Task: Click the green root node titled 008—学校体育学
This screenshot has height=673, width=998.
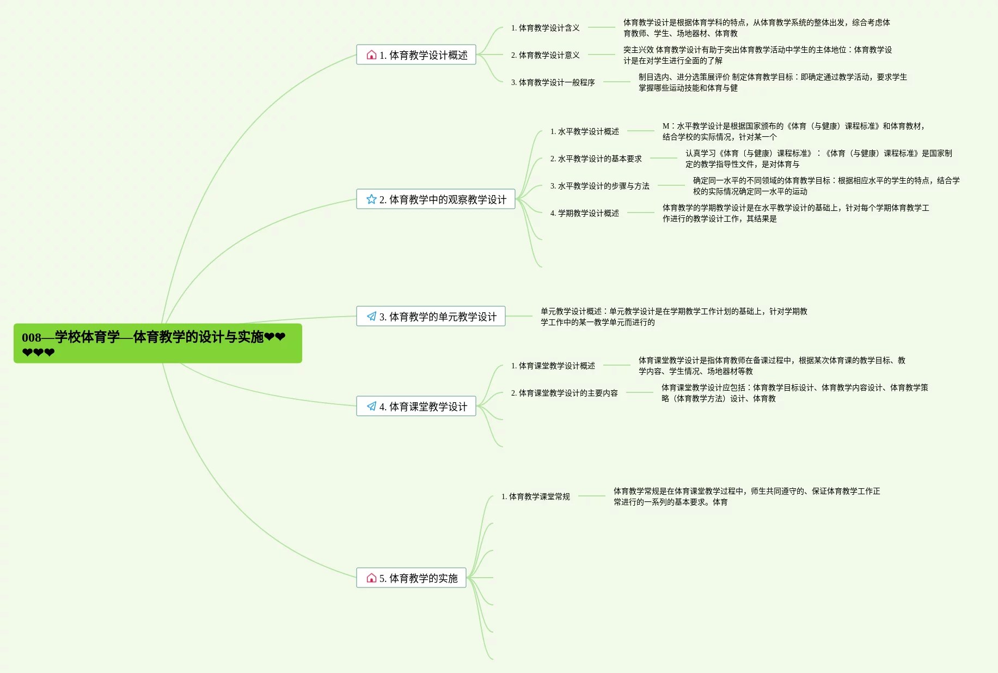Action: pyautogui.click(x=157, y=343)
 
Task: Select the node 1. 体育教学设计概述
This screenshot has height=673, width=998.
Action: pyautogui.click(x=416, y=55)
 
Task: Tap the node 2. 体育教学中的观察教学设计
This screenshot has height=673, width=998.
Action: pyautogui.click(x=436, y=199)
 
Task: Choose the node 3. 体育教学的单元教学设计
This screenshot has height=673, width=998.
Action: pyautogui.click(x=431, y=317)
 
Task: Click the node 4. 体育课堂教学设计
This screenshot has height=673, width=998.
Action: pyautogui.click(x=416, y=407)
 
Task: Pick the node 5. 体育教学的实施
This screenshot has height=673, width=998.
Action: pyautogui.click(x=411, y=578)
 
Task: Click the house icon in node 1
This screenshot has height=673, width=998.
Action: pyautogui.click(x=371, y=55)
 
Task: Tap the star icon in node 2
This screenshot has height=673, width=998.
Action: pyautogui.click(x=371, y=199)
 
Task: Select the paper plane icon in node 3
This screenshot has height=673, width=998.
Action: pyautogui.click(x=371, y=317)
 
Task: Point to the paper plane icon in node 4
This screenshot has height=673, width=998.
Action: pyautogui.click(x=371, y=407)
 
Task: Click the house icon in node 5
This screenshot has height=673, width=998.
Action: pyautogui.click(x=371, y=578)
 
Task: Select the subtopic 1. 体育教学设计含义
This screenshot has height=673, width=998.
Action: pyautogui.click(x=545, y=28)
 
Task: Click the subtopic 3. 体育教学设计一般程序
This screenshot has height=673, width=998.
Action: pyautogui.click(x=553, y=82)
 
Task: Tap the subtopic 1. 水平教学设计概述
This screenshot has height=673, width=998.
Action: pyautogui.click(x=584, y=131)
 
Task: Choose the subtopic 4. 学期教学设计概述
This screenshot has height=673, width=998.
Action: pyautogui.click(x=584, y=213)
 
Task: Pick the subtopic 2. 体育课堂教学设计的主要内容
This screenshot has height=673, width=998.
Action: pyautogui.click(x=564, y=393)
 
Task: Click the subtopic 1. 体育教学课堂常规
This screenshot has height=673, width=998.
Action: pyautogui.click(x=535, y=496)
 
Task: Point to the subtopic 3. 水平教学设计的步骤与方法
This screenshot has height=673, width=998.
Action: pyautogui.click(x=599, y=186)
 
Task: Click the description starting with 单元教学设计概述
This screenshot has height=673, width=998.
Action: pyautogui.click(x=674, y=317)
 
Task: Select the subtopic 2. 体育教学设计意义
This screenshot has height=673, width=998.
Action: pyautogui.click(x=545, y=55)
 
